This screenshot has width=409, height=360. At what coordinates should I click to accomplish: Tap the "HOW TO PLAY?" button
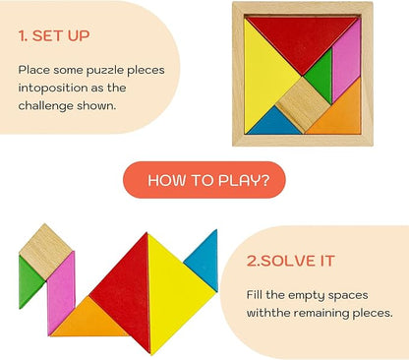click(x=203, y=180)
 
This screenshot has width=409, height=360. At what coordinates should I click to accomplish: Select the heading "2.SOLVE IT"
click(x=290, y=261)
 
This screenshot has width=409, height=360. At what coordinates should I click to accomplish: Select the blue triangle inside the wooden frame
click(x=275, y=123)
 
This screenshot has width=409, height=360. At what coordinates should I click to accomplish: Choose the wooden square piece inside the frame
click(x=303, y=104)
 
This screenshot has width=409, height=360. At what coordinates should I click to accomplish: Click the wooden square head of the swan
click(x=44, y=250)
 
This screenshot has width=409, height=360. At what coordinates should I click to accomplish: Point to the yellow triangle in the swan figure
click(x=173, y=294)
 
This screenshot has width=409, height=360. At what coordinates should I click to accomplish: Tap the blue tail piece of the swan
click(x=203, y=260)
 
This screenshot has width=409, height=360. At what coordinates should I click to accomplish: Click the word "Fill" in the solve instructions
click(x=257, y=293)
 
